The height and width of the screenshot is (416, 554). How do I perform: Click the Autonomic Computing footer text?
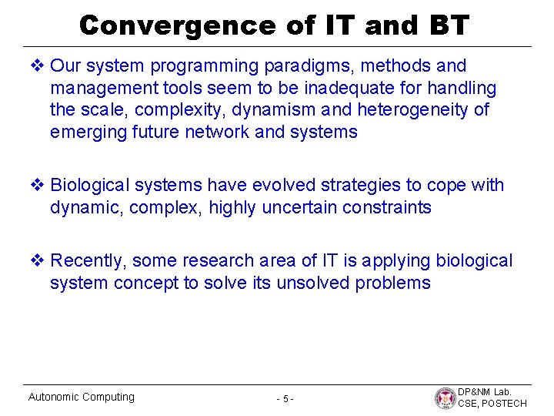tap(81, 397)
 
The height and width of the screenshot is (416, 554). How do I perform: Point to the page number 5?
tap(285, 398)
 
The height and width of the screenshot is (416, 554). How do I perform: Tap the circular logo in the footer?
tap(444, 398)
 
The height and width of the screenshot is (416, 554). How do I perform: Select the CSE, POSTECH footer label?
tap(492, 404)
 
